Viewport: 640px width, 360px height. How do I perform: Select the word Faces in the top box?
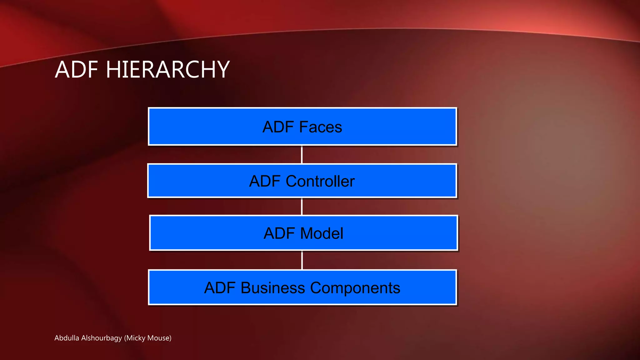pos(320,127)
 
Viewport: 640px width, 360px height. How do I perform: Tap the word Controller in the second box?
pos(320,181)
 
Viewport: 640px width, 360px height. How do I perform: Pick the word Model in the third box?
pos(322,233)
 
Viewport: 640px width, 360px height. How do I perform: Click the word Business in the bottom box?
pos(272,288)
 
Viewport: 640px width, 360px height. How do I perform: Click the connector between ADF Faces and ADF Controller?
pos(302,154)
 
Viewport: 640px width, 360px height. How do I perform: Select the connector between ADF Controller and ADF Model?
pos(302,207)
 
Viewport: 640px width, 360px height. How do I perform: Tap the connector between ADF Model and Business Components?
pos(302,260)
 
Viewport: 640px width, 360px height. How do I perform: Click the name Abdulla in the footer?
pos(67,338)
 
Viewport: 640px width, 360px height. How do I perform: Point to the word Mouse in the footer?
pos(159,338)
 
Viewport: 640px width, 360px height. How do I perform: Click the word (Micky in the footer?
pos(135,338)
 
